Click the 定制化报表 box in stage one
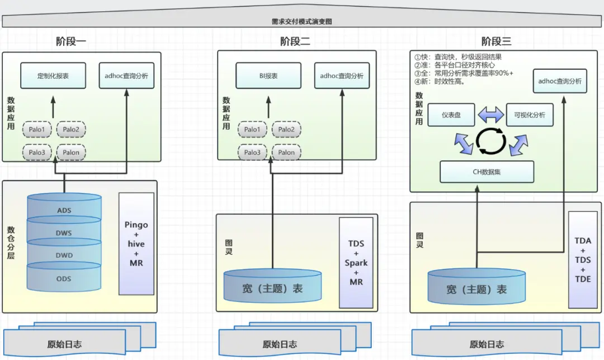(53, 75)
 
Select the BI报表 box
(268, 75)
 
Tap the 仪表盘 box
(451, 115)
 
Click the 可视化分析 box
(529, 115)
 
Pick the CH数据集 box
(487, 172)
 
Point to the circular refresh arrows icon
(491, 141)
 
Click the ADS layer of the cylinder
(64, 210)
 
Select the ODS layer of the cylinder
(64, 278)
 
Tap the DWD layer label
(64, 255)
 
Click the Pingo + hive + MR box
(136, 243)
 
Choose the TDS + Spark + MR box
(356, 263)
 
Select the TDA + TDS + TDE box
(583, 259)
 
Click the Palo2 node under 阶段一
(71, 130)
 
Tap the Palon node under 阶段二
(286, 152)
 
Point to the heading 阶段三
(496, 41)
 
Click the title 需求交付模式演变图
(302, 22)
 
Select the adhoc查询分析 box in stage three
(560, 81)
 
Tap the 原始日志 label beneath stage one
(64, 344)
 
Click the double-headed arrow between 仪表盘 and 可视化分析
(491, 115)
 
